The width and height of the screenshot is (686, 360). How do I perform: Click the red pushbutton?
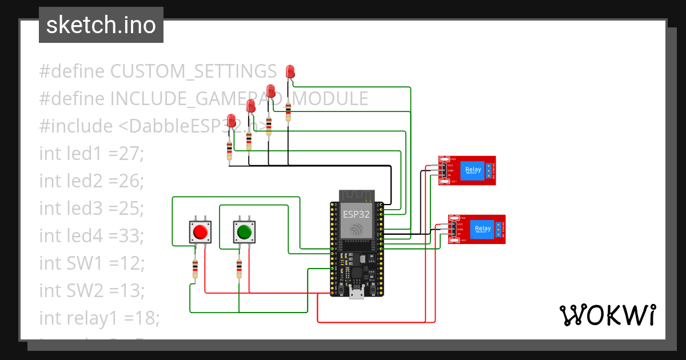coord(200,232)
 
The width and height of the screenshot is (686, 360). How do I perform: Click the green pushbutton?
coord(244,232)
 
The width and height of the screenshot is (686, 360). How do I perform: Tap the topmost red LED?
coord(290,71)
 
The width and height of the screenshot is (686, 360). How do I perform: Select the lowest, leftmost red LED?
coord(232,121)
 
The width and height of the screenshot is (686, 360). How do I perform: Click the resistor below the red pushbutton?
coord(196,268)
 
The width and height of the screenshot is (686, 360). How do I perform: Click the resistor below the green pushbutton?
coord(239,268)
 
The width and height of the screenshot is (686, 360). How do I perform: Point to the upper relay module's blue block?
coord(473,170)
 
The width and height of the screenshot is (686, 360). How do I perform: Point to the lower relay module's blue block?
coord(481,229)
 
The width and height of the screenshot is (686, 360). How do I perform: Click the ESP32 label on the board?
coord(356,215)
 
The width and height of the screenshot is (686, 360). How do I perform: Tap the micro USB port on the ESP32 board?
coord(357,294)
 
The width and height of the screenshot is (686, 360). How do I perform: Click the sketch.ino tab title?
coord(101,25)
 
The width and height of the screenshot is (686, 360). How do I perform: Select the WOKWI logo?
coord(607,315)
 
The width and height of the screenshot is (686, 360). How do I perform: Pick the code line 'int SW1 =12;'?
coord(91,263)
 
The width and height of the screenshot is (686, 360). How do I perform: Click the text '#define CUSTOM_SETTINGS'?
coord(158,71)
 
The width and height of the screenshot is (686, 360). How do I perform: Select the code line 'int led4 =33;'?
coord(91,235)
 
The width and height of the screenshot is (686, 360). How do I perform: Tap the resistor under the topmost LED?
coord(288,111)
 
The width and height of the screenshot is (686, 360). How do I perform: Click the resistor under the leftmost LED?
coord(229,151)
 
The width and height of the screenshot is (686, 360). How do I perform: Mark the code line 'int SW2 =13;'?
coord(91,290)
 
